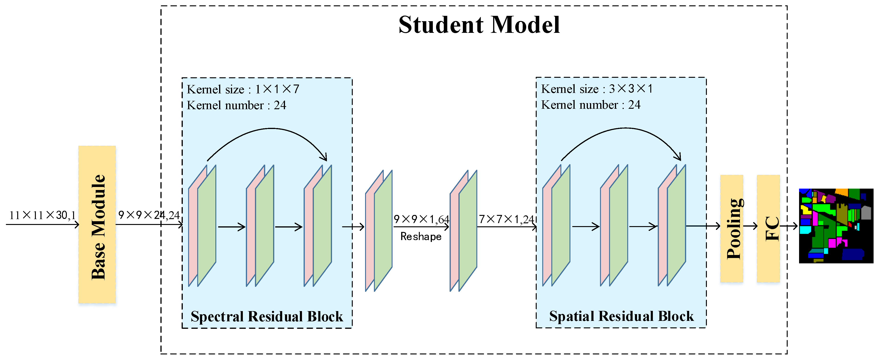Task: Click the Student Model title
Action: [x=479, y=25]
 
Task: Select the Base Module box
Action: [x=97, y=224]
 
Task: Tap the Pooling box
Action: [x=732, y=228]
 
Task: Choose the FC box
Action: [x=768, y=228]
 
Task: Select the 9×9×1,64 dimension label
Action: [x=421, y=219]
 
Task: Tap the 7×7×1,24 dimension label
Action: [x=506, y=219]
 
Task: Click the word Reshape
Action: [x=421, y=237]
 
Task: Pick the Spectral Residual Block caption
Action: [x=267, y=316]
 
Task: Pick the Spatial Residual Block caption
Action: [x=621, y=316]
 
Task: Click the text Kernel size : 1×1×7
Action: [x=243, y=89]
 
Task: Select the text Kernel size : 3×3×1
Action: [x=597, y=89]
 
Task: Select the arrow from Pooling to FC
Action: [x=750, y=226]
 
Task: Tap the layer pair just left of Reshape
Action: [x=379, y=231]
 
